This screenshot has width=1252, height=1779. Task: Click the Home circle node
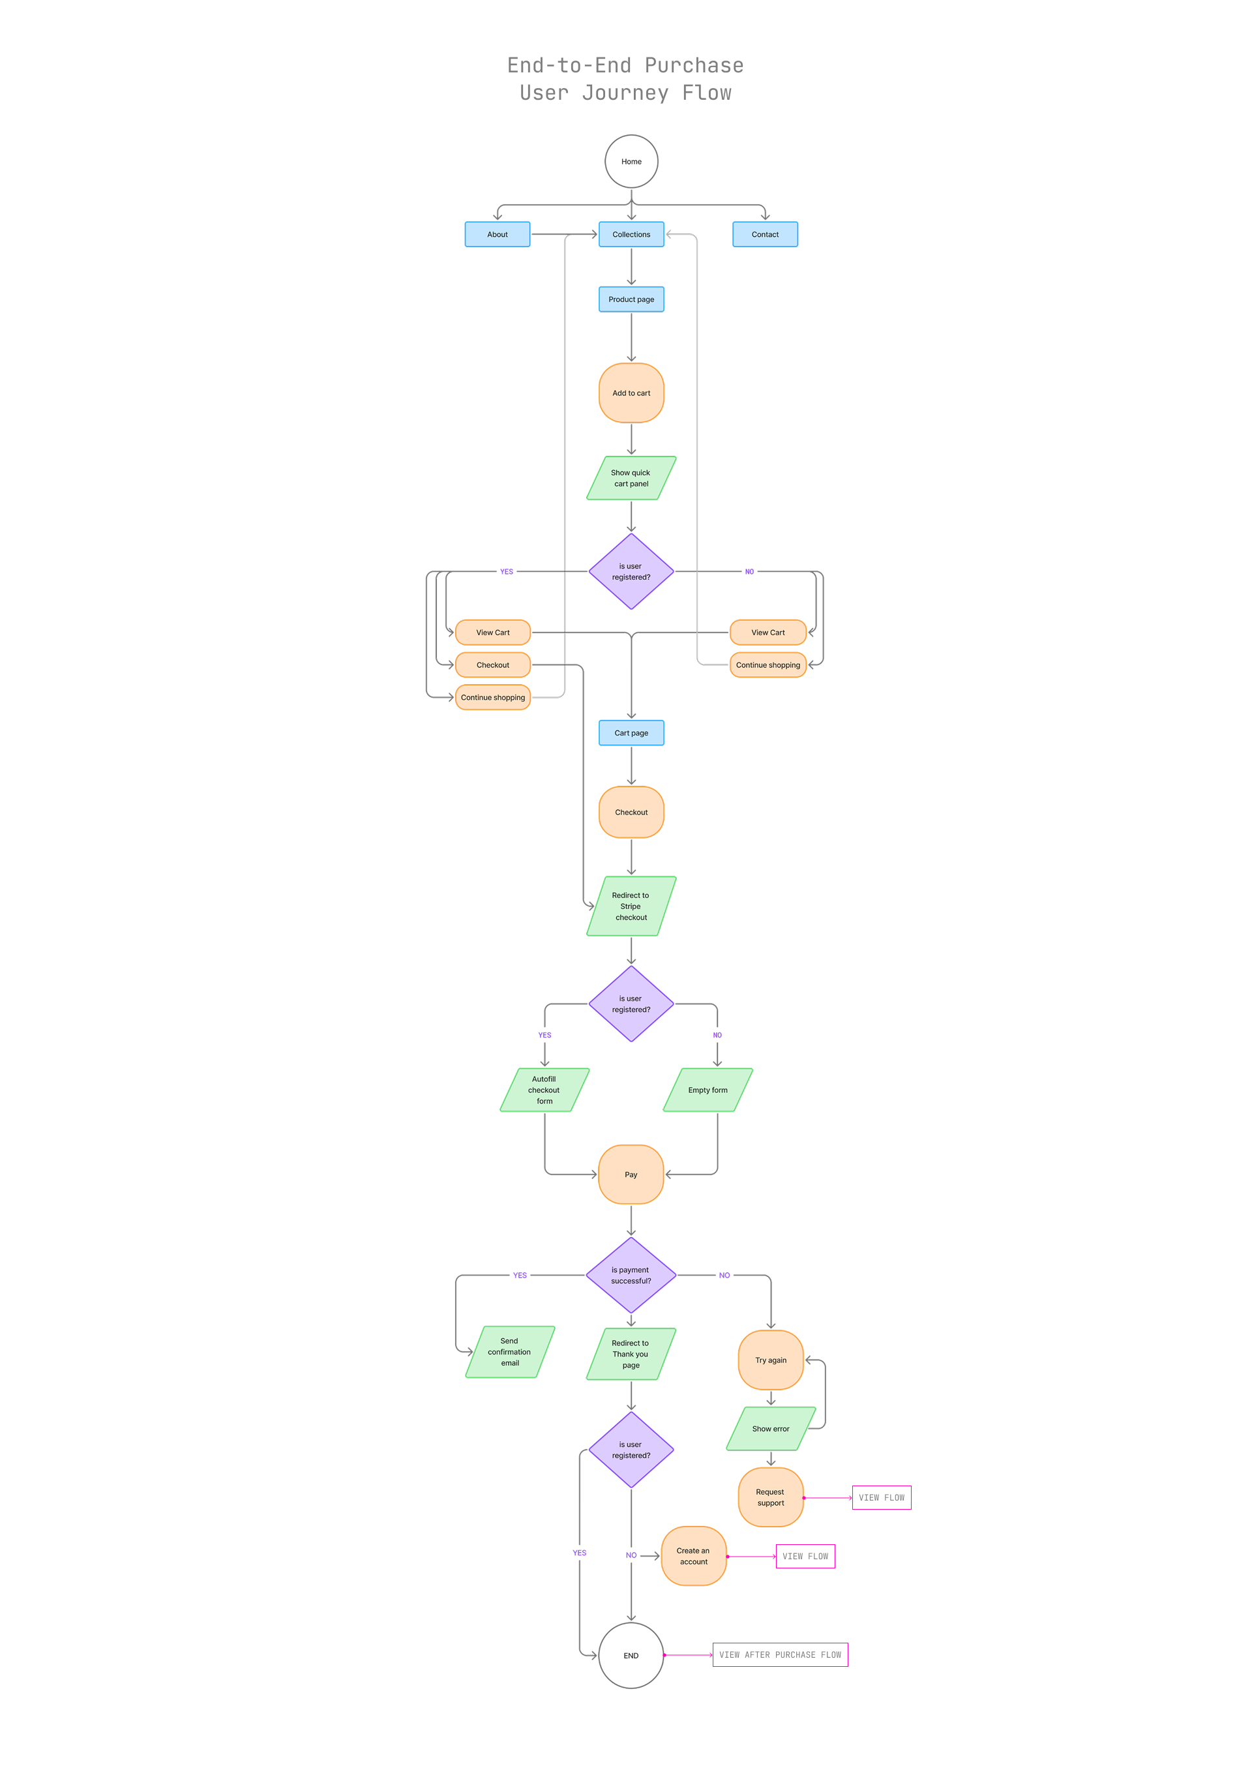pos(631,161)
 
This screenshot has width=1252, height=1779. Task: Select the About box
pos(498,234)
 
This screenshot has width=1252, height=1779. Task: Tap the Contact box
pos(765,234)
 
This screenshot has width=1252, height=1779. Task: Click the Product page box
pos(631,299)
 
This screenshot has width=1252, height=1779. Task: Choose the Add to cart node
pos(631,393)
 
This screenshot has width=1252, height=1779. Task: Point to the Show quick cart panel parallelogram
pos(631,478)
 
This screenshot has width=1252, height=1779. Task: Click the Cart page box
pos(631,733)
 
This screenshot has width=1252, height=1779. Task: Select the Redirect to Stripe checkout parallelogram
pos(631,906)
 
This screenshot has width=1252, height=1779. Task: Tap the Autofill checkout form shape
pos(544,1090)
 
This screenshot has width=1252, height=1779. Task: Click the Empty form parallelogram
pos(708,1090)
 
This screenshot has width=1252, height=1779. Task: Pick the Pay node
pos(631,1174)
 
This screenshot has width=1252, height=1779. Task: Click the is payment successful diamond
pos(631,1275)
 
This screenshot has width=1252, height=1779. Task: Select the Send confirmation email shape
pos(510,1351)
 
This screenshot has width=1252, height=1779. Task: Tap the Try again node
pos(771,1360)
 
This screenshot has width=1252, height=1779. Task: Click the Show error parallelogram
pos(771,1428)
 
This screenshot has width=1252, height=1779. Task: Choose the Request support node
pos(771,1497)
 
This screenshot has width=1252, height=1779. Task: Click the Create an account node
pos(693,1556)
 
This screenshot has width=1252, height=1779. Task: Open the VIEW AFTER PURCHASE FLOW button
pos(780,1654)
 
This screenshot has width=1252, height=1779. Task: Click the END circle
pos(631,1655)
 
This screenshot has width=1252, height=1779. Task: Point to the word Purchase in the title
pos(694,65)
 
